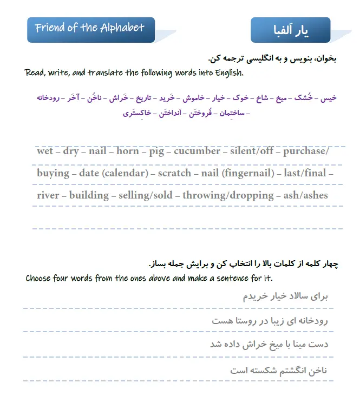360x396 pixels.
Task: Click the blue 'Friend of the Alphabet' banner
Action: [x=90, y=29]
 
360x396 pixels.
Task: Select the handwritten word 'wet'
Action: [x=45, y=151]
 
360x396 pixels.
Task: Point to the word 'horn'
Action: [x=128, y=151]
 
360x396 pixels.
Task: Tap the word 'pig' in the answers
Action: [x=156, y=151]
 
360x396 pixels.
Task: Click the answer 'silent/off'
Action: [x=252, y=151]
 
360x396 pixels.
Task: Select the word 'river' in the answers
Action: [x=48, y=195]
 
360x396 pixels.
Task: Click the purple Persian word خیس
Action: [x=329, y=98]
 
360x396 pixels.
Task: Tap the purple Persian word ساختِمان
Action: [x=234, y=113]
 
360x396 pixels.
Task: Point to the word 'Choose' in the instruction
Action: [x=39, y=279]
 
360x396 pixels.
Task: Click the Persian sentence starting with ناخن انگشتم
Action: [x=279, y=371]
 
